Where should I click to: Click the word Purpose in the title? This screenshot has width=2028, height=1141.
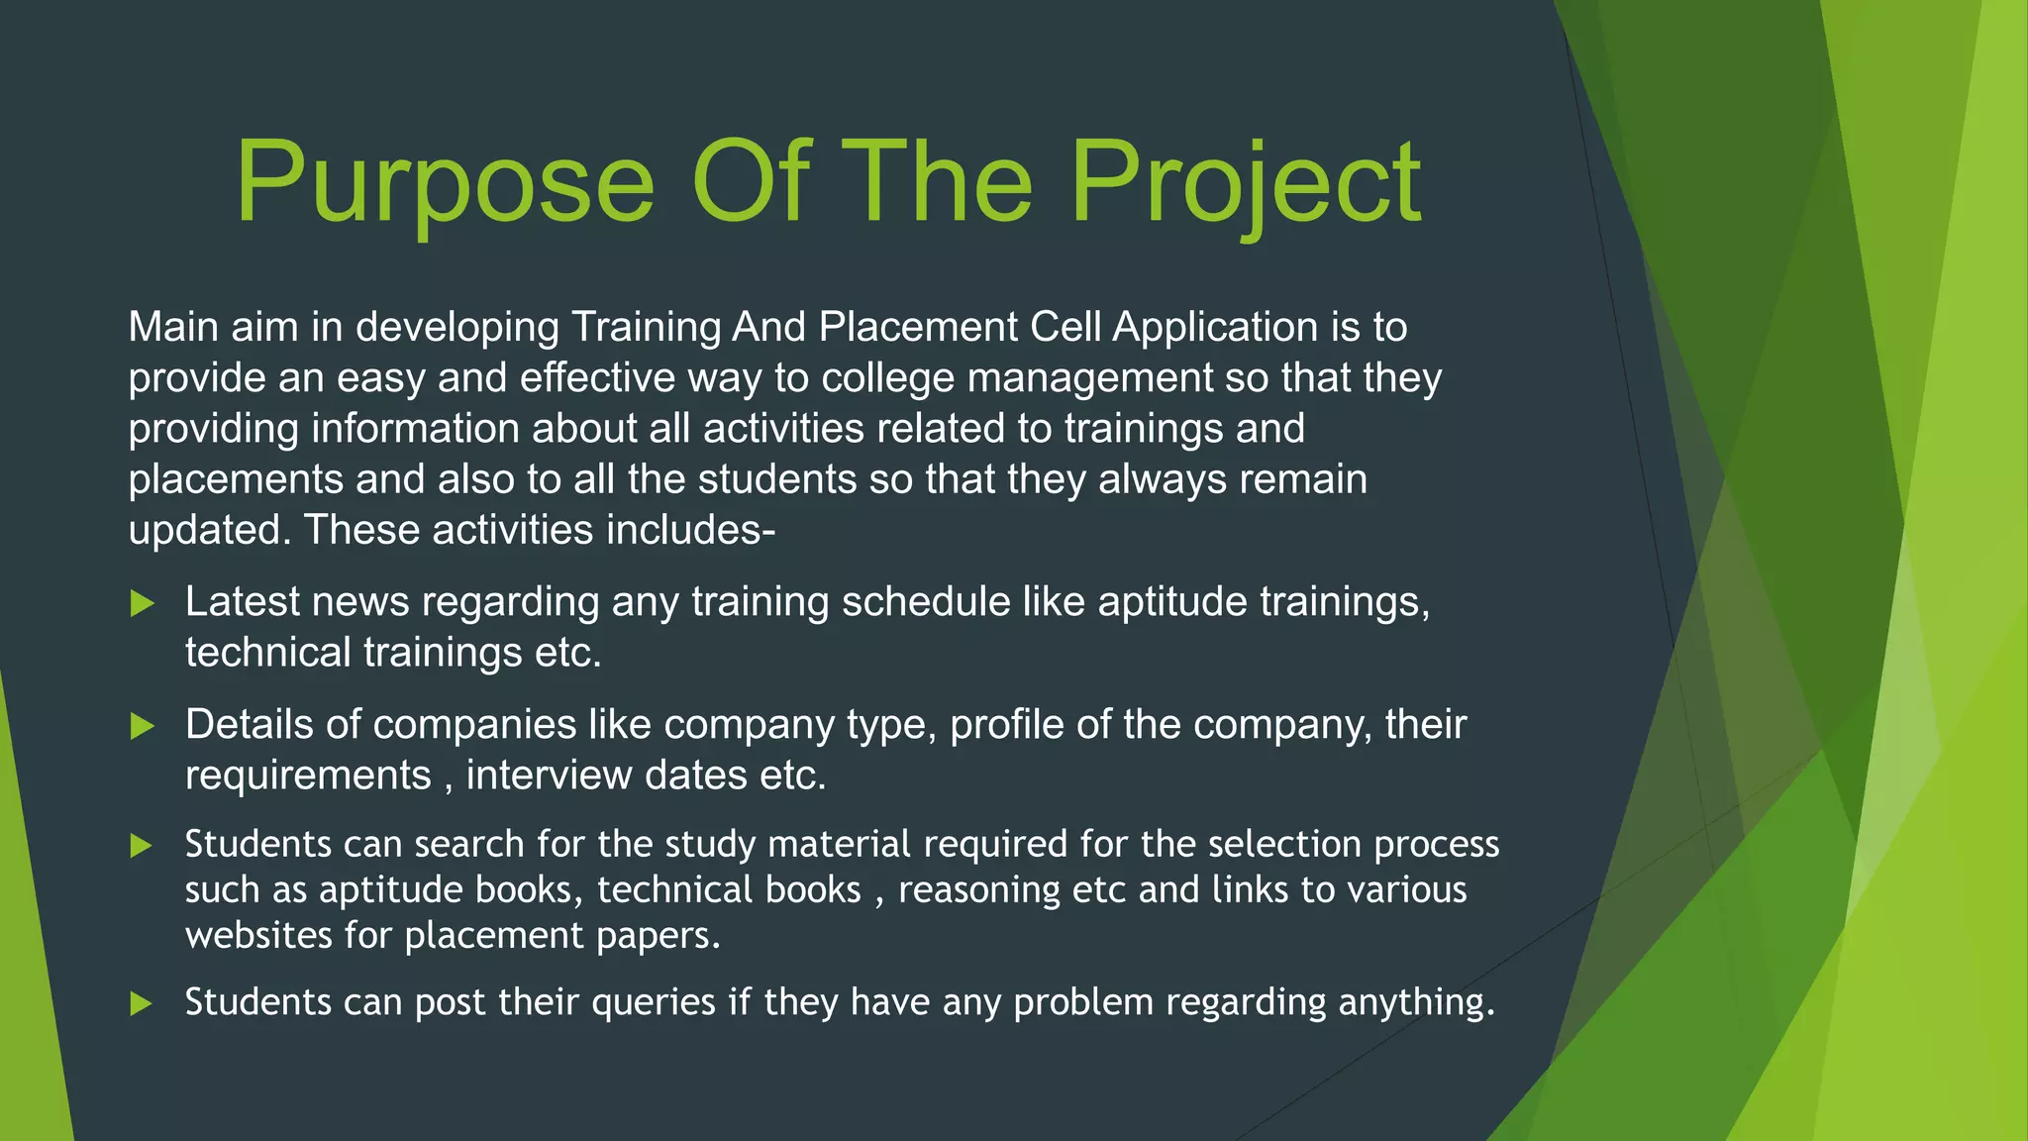coord(445,183)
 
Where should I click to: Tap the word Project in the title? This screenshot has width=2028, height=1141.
coord(1246,183)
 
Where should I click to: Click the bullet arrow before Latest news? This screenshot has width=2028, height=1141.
coord(143,603)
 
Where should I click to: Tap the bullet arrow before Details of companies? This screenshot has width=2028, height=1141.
coord(143,726)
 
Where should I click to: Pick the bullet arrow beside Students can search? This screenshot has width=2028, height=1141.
coord(143,846)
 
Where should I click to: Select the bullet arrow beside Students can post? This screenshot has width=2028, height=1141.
coord(143,1003)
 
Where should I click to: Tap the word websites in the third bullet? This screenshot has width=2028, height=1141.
coord(258,935)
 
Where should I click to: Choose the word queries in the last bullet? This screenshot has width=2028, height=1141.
coord(653,1002)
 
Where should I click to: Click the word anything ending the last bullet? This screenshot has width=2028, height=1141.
coord(1416,1002)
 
